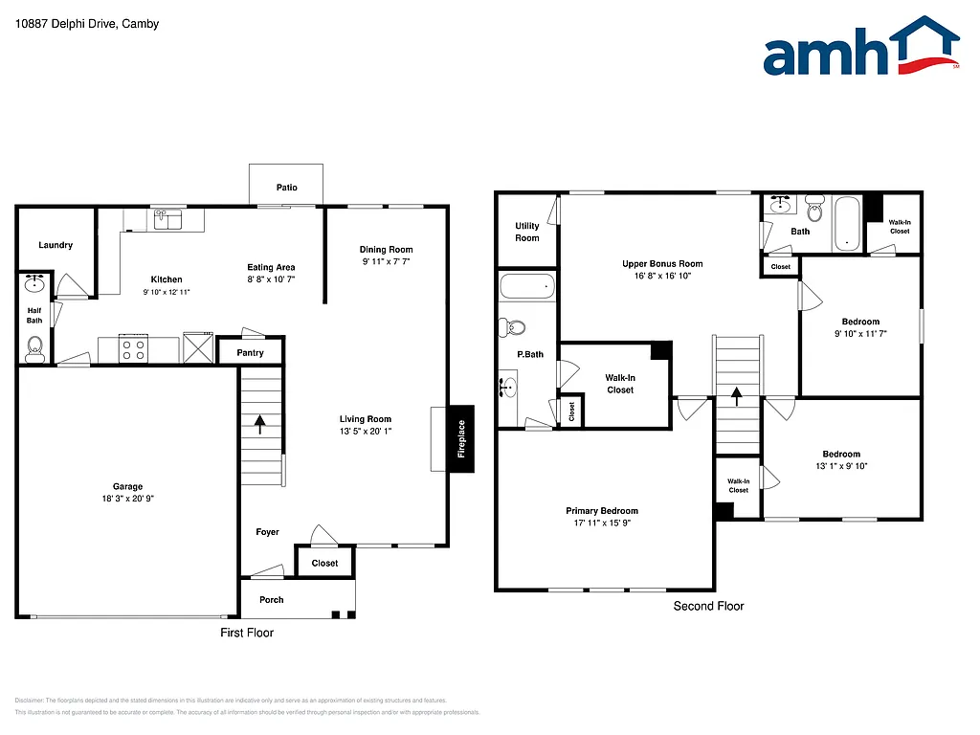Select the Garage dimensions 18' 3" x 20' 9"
(127, 499)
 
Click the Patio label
(286, 188)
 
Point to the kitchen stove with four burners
(134, 348)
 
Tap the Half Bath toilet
(35, 346)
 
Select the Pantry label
(251, 353)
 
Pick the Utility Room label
(527, 232)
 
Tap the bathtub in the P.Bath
(527, 285)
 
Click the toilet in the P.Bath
(514, 327)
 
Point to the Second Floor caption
(708, 606)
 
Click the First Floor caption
(247, 633)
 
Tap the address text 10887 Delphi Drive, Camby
(87, 24)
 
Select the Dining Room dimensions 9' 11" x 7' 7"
(386, 261)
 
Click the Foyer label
(267, 532)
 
